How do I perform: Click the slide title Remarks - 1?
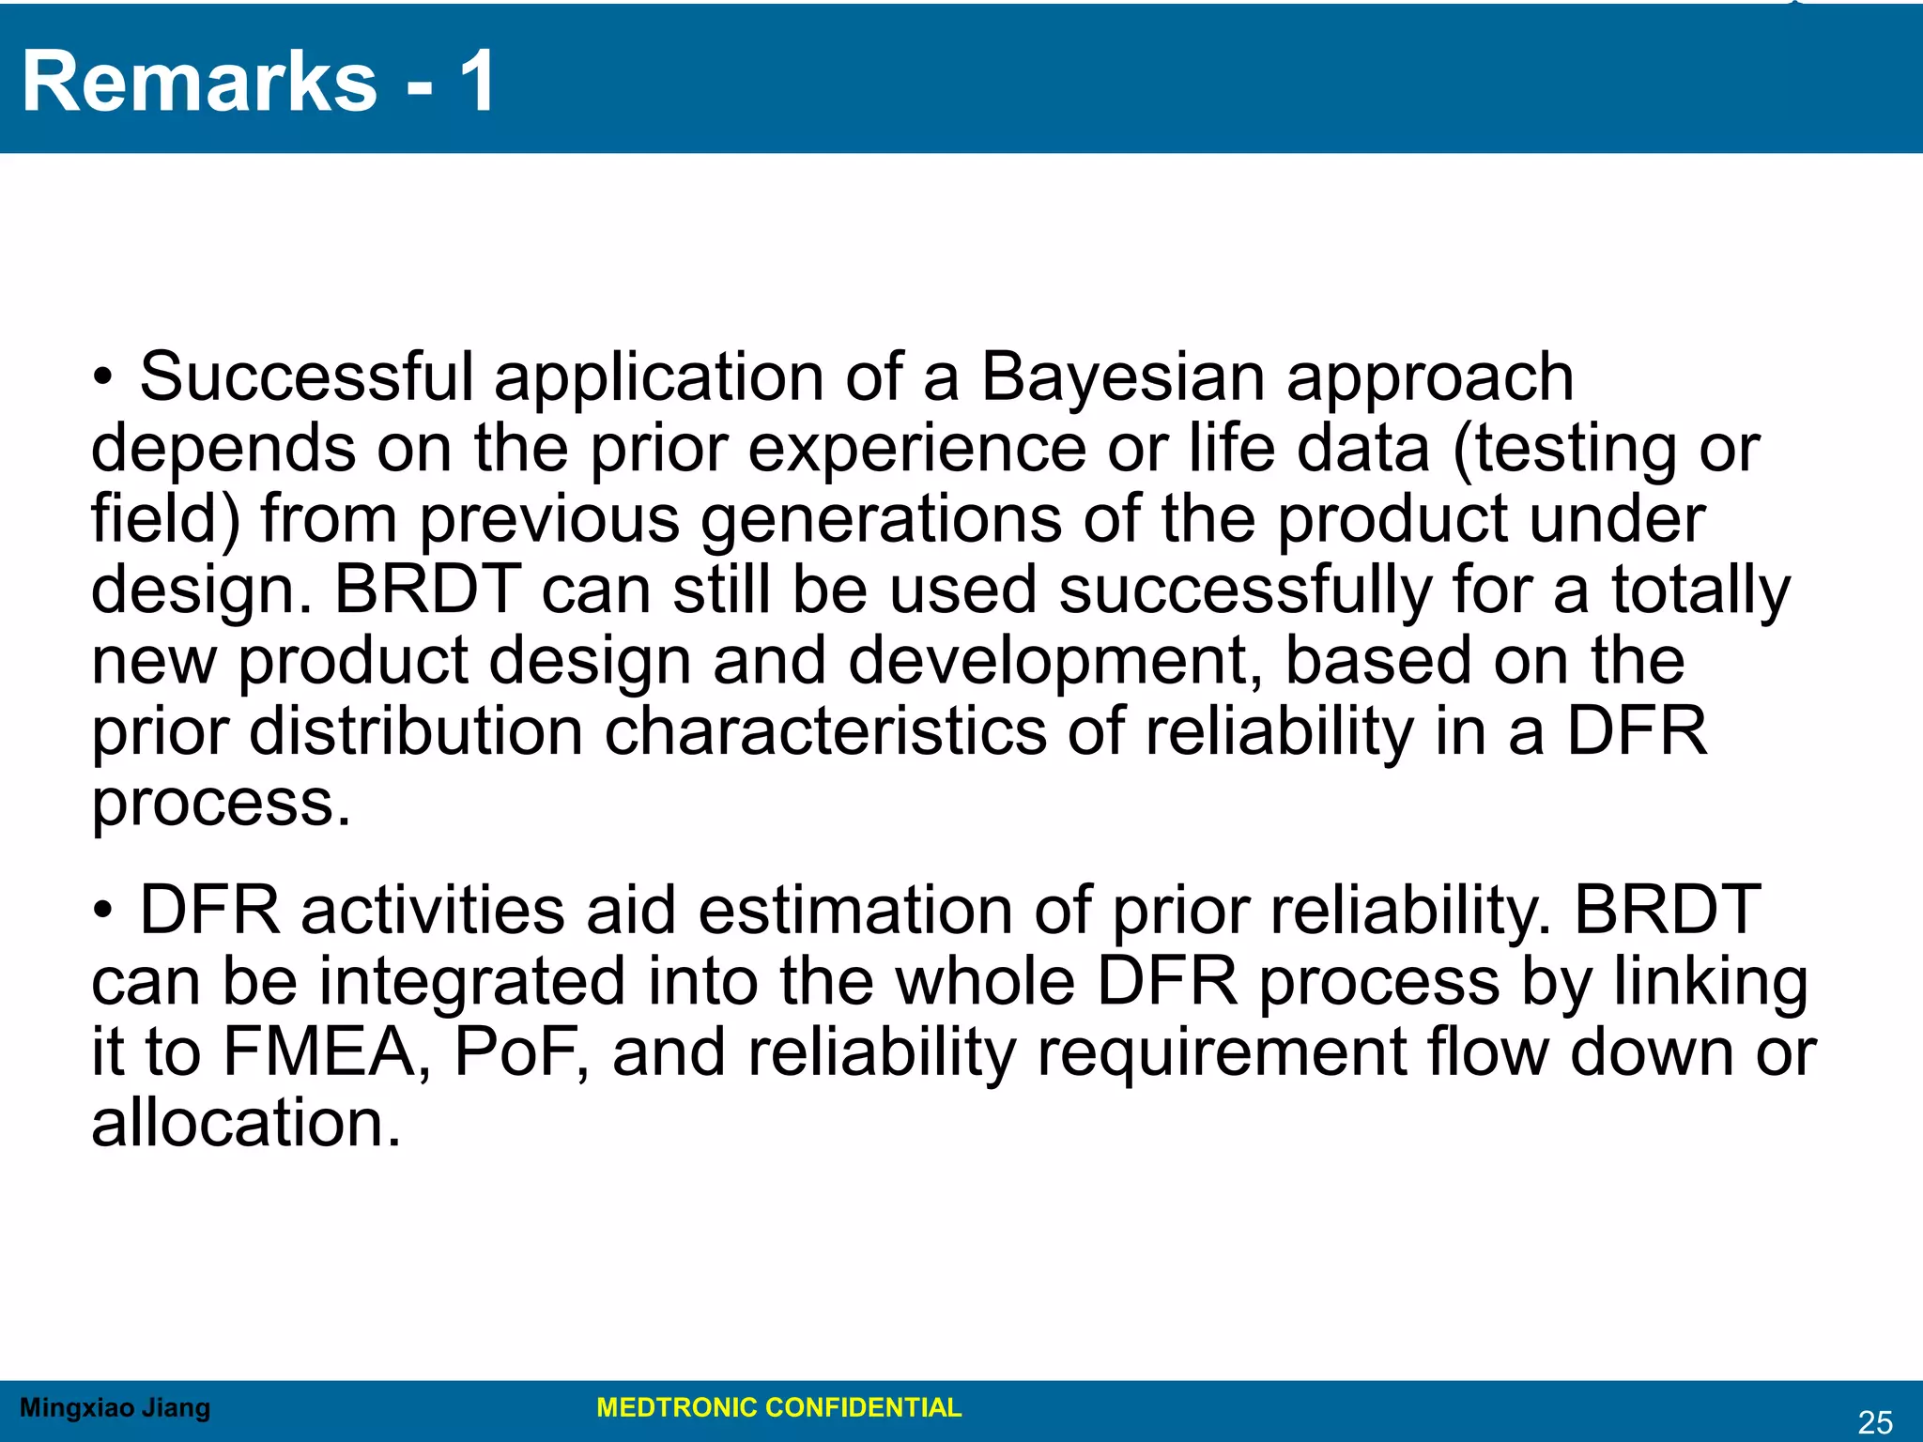coord(258,83)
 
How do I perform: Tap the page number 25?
coord(1875,1422)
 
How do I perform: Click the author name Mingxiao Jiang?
coord(115,1407)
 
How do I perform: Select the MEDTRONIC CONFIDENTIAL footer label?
coord(778,1407)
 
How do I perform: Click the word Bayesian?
coord(1122,377)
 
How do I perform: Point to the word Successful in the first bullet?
coord(307,377)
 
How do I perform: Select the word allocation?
coord(246,1124)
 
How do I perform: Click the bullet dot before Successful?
coord(103,378)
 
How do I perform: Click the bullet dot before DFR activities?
coord(103,911)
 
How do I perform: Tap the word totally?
coord(1700,591)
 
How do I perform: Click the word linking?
coord(1711,982)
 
